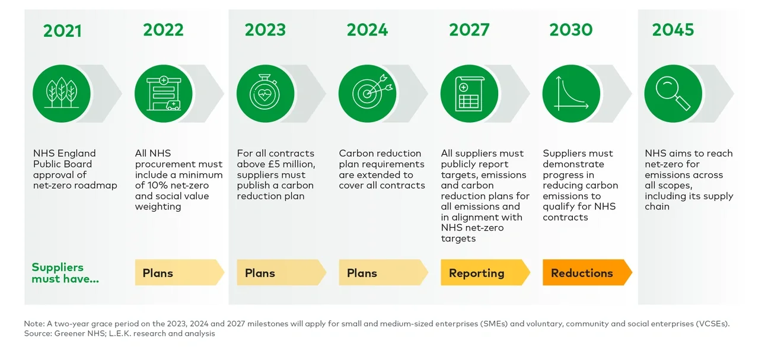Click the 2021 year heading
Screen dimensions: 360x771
[x=62, y=30]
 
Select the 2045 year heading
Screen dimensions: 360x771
[x=673, y=30]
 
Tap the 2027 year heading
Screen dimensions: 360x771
[x=469, y=30]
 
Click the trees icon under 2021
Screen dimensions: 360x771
[x=62, y=94]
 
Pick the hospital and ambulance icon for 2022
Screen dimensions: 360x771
[x=164, y=94]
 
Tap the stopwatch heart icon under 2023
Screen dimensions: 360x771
[x=265, y=94]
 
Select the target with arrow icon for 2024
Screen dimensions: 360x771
[x=367, y=94]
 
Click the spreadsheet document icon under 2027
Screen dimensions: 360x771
[x=469, y=94]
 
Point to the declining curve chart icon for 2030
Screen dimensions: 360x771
[x=571, y=94]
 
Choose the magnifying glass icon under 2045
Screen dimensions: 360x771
[x=673, y=94]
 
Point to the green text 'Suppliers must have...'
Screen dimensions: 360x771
[x=65, y=273]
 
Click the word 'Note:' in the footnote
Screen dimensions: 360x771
[x=34, y=324]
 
